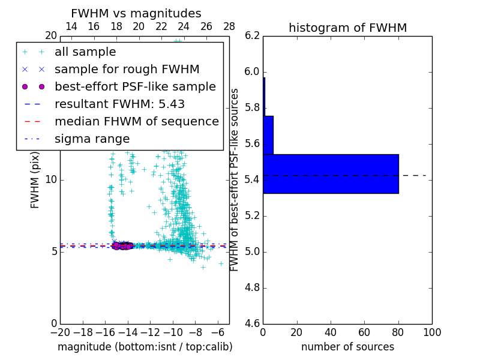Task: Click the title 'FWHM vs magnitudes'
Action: click(x=136, y=14)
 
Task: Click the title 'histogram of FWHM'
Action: click(x=347, y=28)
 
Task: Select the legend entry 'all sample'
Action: click(x=85, y=52)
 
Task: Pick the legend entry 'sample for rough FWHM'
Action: click(x=127, y=70)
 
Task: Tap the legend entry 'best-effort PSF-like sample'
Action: click(x=135, y=87)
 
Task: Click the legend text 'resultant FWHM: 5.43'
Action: click(x=119, y=104)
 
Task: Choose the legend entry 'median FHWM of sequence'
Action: click(x=136, y=122)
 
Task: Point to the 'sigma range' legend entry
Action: click(x=92, y=139)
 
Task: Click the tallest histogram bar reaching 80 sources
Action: click(x=331, y=174)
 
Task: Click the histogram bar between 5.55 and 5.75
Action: click(x=268, y=135)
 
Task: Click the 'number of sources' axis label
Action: click(x=347, y=347)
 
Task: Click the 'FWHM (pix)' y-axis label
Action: click(x=35, y=180)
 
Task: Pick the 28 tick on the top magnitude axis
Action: click(x=229, y=26)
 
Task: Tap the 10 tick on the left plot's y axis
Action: click(x=50, y=180)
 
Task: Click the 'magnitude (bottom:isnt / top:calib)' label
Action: click(x=145, y=347)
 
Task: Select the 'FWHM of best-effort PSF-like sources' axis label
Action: click(x=235, y=180)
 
